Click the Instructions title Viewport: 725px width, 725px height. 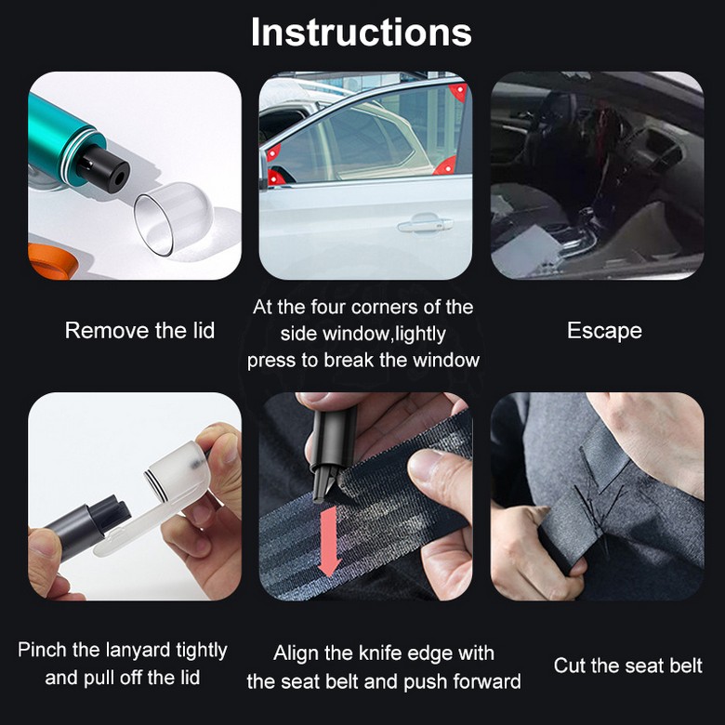362,33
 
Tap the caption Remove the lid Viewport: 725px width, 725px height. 139,331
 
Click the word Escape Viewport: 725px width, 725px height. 604,332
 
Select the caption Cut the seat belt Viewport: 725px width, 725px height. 628,666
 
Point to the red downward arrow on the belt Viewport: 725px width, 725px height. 330,540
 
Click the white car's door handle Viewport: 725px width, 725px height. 425,224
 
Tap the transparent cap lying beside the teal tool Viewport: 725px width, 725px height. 173,218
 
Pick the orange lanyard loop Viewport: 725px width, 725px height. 52,261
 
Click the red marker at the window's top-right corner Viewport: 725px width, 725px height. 459,92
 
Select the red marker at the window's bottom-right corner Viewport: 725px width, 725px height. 446,166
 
